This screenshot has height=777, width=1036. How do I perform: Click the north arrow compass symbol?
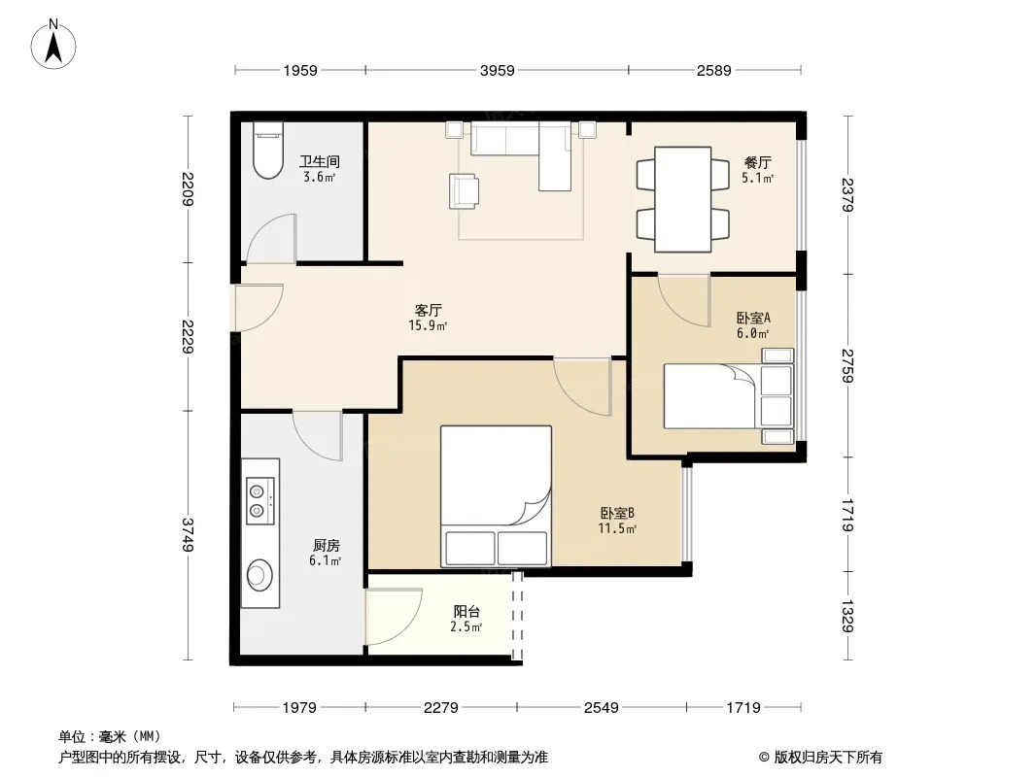point(53,44)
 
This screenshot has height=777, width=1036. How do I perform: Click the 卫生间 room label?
point(320,161)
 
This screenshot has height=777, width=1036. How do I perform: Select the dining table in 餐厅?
point(682,199)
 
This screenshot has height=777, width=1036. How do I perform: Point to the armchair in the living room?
point(464,190)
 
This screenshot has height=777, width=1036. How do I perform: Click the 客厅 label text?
point(429,310)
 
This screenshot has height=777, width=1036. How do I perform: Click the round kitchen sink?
point(259,575)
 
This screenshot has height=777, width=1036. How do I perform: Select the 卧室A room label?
point(753,318)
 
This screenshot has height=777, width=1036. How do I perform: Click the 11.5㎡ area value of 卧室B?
point(617,528)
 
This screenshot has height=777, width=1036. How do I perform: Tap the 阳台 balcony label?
point(466,611)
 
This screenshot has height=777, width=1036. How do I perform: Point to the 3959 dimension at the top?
point(497,70)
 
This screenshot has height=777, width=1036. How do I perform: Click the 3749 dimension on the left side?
point(189,535)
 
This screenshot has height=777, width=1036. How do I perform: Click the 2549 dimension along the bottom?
point(602,708)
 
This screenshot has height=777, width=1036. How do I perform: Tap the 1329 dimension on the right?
point(847,615)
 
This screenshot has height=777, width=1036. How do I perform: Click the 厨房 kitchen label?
point(326,545)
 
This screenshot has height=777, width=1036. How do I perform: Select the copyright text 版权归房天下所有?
point(828,758)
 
